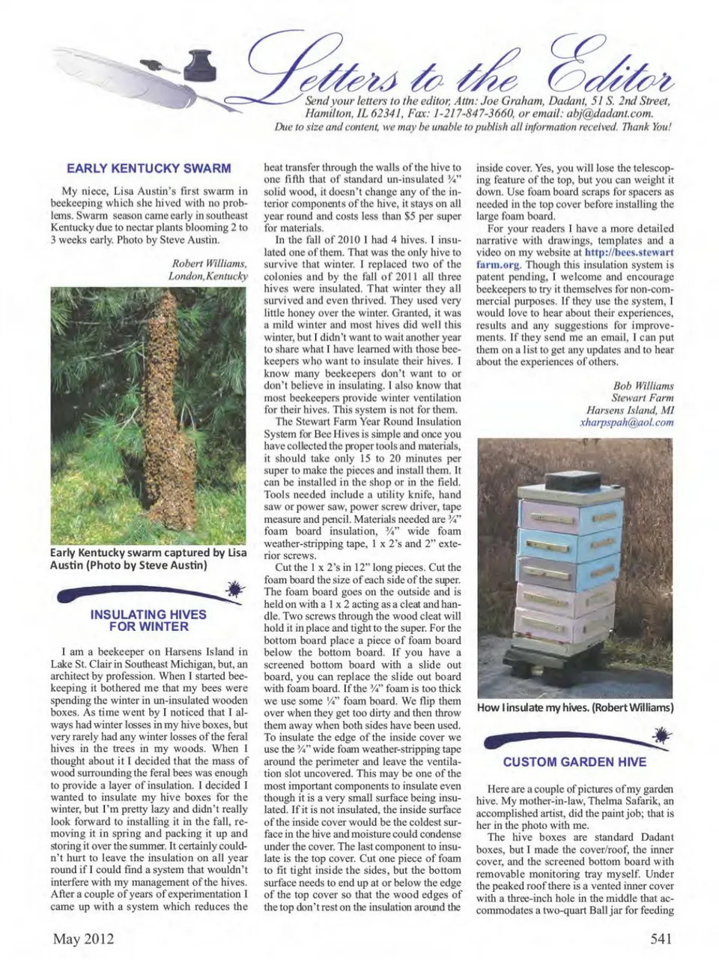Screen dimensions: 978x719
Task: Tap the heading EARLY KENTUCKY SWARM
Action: [148, 169]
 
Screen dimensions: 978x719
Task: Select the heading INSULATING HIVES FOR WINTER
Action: [148, 621]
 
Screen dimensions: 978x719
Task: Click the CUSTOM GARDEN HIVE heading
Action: [574, 762]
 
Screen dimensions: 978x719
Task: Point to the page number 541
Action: [661, 939]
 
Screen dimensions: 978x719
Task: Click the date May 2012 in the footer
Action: [83, 939]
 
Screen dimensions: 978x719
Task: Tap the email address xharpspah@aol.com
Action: [626, 422]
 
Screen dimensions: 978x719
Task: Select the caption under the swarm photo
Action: [148, 559]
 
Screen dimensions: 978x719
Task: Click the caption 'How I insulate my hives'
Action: [575, 707]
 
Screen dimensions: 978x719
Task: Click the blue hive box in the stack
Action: [569, 547]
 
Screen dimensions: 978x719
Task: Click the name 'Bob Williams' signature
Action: [643, 386]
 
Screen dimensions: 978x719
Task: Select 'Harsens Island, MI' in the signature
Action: [630, 410]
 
